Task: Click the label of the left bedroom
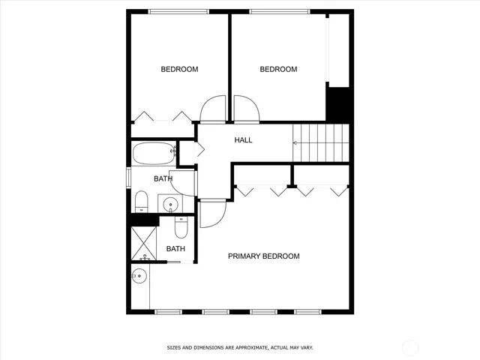(x=179, y=70)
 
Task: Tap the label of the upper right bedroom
(x=278, y=70)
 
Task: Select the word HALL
(x=243, y=140)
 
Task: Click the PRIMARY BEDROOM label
(x=263, y=256)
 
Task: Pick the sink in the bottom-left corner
(x=139, y=278)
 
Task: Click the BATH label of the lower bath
(x=175, y=249)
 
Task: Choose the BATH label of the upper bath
(x=163, y=178)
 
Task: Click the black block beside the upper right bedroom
(x=339, y=103)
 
